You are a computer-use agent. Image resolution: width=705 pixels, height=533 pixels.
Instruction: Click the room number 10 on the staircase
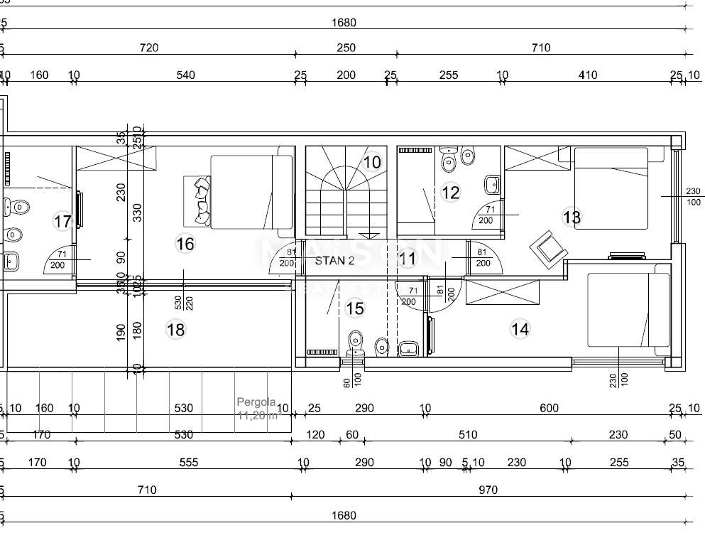tap(372, 162)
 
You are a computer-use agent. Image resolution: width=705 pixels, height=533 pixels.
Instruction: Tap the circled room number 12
tap(450, 192)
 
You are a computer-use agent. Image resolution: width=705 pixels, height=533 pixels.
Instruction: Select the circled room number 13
tap(572, 217)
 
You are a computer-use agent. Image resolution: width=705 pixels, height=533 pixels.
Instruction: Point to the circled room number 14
tap(520, 329)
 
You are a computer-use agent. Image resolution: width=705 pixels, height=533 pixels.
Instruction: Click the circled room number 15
tap(354, 308)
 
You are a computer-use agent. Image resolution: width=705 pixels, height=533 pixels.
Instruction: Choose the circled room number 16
tap(185, 244)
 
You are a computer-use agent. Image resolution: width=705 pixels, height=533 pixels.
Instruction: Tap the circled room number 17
tap(62, 222)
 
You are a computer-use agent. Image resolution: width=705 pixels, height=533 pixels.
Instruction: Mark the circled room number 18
tap(175, 329)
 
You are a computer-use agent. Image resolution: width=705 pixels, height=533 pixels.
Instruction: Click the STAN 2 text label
tap(334, 261)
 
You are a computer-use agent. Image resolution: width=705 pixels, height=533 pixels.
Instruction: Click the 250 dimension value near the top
tap(346, 48)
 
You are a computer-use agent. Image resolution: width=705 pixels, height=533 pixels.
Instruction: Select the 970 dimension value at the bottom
tap(488, 490)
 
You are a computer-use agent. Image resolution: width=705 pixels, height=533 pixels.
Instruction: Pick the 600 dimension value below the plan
tap(549, 408)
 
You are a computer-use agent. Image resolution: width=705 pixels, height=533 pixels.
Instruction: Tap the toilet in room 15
tap(356, 345)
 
